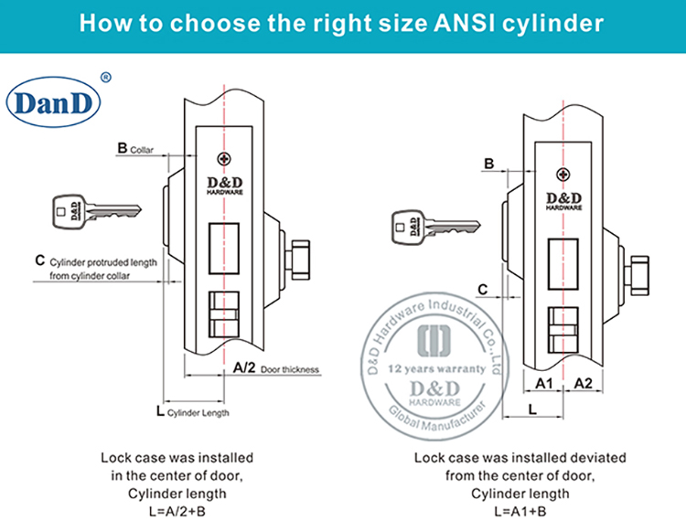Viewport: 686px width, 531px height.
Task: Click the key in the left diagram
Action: point(89,212)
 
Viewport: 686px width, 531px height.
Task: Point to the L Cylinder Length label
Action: point(192,412)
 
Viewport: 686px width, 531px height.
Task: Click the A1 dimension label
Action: point(542,382)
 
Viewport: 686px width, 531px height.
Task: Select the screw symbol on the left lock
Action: point(223,160)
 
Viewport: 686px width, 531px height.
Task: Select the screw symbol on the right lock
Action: point(562,175)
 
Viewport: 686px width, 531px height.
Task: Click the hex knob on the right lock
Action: point(638,272)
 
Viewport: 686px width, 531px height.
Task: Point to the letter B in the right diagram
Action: point(488,164)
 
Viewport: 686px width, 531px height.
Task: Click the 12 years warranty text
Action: point(437,369)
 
